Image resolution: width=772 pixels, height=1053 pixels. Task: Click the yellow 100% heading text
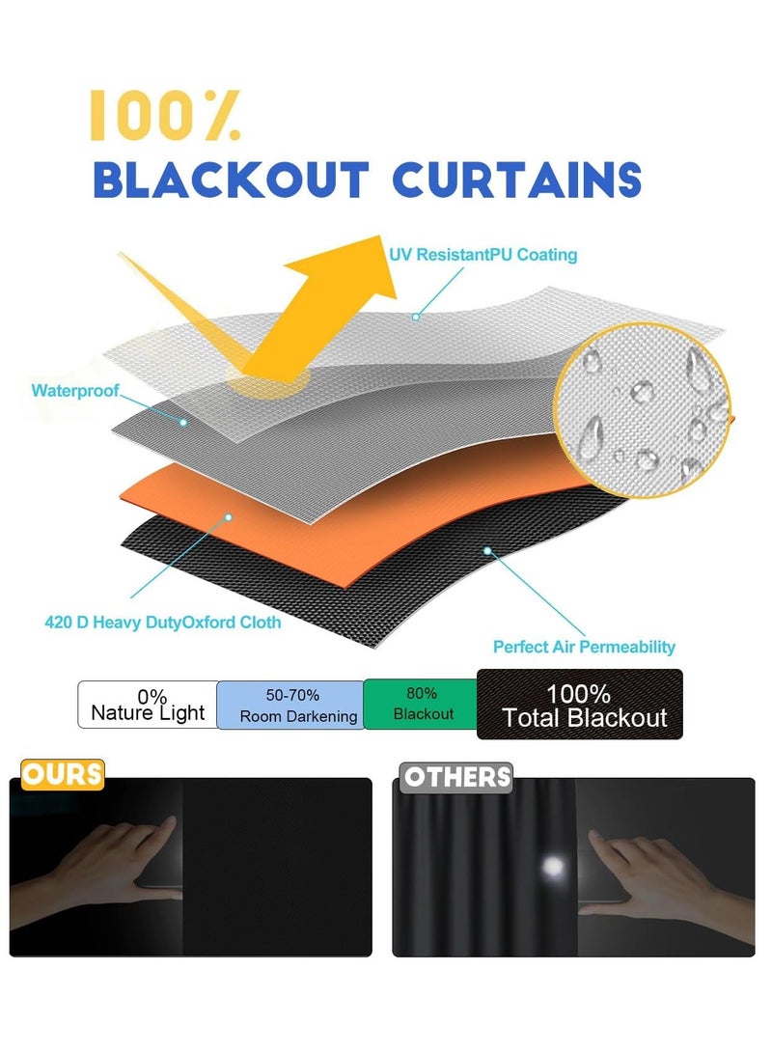[x=165, y=116]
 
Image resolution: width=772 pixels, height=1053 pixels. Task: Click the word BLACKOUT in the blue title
[x=231, y=180]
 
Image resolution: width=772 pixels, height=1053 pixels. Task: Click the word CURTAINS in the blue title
[x=516, y=180]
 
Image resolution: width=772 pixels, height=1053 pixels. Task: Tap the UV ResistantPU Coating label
[x=482, y=255]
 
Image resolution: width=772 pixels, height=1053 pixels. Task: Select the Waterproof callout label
[x=75, y=390]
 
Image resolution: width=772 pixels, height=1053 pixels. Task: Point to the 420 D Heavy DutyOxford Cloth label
[x=162, y=623]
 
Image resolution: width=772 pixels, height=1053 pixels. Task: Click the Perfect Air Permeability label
[x=584, y=647]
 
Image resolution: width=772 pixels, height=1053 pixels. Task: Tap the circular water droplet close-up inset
[x=642, y=410]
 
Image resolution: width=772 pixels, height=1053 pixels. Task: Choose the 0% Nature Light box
[x=147, y=705]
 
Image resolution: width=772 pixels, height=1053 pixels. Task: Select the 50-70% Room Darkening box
[x=290, y=705]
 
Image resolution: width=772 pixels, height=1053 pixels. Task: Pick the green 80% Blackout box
[x=421, y=704]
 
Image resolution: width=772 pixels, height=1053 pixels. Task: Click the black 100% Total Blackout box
[x=579, y=705]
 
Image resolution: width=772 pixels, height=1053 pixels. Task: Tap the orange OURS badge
[x=63, y=774]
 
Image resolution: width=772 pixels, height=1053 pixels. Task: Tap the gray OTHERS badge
[x=455, y=778]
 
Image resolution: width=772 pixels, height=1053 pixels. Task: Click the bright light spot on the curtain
[x=553, y=867]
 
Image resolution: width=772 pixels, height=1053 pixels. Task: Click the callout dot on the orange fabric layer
[x=229, y=517]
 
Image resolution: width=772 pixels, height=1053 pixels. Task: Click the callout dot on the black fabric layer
[x=487, y=551]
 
